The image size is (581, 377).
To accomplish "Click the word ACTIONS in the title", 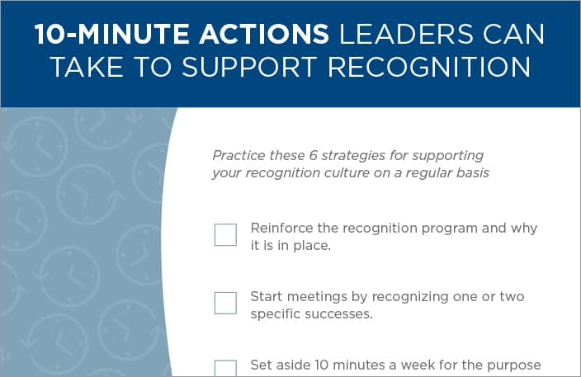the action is [x=264, y=35].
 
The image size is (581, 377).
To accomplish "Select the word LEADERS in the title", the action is [x=406, y=35].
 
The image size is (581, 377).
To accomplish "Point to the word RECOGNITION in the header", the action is [x=429, y=67].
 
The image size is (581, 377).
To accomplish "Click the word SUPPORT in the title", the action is [x=249, y=67].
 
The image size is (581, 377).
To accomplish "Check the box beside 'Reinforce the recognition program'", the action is [x=225, y=234].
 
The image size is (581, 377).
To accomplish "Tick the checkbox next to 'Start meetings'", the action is [x=225, y=303].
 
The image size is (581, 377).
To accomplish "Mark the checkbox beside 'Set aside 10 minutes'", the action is [x=225, y=369].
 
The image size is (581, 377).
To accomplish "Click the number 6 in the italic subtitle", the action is [x=313, y=155].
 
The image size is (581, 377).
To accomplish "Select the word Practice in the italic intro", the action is [x=239, y=155].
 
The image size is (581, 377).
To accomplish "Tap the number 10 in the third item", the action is [x=322, y=365].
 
